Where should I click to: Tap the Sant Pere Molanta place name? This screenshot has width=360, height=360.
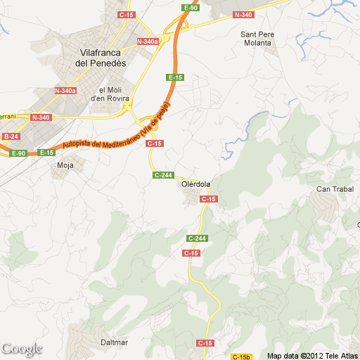click(257, 39)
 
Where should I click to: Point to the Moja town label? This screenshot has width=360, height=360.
click(65, 166)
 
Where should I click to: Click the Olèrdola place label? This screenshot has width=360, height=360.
click(195, 184)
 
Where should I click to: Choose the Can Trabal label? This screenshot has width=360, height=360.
click(333, 188)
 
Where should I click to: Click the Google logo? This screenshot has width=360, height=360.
click(22, 349)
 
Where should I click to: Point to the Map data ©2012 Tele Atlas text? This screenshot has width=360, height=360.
click(312, 355)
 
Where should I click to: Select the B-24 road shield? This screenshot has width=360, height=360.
click(11, 136)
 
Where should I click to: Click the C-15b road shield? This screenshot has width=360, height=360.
click(241, 356)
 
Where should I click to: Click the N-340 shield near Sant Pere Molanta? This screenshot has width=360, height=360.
click(243, 15)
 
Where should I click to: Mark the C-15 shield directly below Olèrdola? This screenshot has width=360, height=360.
click(208, 200)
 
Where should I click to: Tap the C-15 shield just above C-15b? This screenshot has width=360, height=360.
click(205, 342)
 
